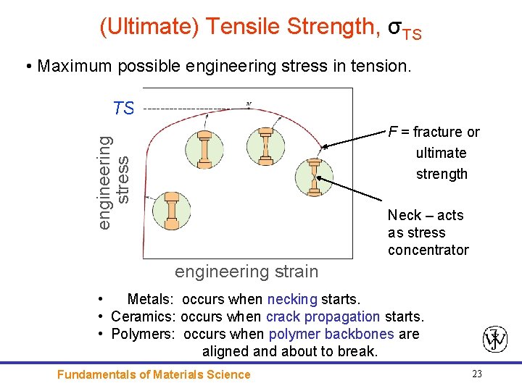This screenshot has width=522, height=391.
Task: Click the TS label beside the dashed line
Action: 124,109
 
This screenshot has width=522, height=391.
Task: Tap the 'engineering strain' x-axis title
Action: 246,272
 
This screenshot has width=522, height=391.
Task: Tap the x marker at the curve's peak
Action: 249,104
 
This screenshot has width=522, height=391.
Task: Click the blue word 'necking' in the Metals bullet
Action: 292,299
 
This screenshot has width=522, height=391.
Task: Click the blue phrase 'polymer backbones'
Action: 331,334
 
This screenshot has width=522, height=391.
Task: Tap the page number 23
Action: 476,374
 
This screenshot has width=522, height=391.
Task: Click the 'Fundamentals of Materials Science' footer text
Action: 154,374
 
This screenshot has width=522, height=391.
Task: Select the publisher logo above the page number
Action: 495,339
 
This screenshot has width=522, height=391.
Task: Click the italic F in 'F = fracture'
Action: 392,132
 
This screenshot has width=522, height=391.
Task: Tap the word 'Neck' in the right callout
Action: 404,215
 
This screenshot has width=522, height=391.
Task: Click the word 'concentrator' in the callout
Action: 428,250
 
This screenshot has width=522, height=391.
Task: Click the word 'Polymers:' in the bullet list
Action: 143,334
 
